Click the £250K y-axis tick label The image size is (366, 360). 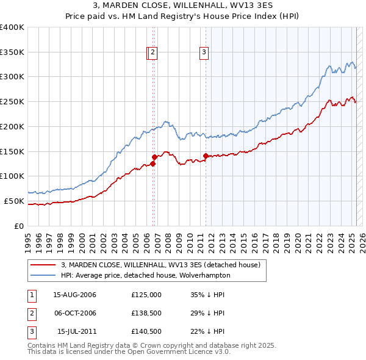point(12,102)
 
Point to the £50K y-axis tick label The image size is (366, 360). point(14,201)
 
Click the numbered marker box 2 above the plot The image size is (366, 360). point(152,53)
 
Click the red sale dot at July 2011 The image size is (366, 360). point(206,156)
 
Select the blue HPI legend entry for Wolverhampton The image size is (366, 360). point(145,275)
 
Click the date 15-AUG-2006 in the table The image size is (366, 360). point(75,294)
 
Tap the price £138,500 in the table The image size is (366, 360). point(146,313)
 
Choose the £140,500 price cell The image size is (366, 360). point(146,332)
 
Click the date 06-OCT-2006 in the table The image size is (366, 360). point(75,313)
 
